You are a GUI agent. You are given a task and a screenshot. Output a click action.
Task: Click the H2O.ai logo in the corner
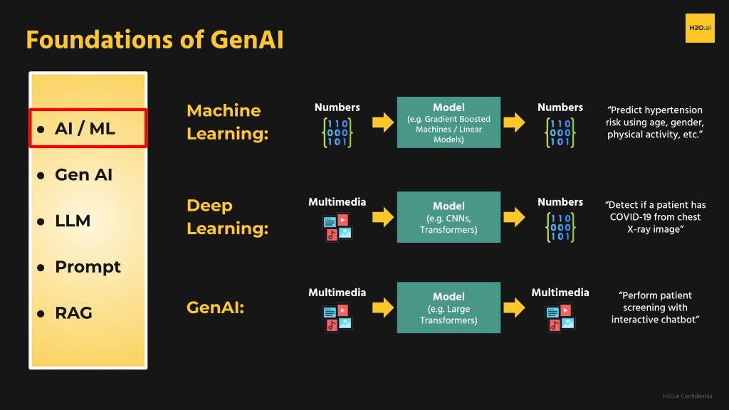click(700, 28)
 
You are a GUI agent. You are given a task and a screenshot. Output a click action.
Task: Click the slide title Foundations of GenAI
click(154, 40)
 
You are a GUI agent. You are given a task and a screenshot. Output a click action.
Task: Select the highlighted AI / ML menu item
click(88, 128)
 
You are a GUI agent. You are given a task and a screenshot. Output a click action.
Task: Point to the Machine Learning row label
click(228, 122)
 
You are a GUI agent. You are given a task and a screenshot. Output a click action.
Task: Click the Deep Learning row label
click(228, 216)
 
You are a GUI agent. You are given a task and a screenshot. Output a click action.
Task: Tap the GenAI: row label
click(215, 307)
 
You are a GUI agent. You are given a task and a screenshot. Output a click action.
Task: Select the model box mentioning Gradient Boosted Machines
click(449, 122)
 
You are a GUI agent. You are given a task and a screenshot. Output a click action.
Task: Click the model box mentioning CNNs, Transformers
click(449, 217)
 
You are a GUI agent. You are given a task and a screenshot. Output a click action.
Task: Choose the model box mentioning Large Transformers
click(449, 307)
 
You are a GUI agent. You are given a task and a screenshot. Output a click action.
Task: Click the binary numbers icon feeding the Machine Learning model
click(337, 133)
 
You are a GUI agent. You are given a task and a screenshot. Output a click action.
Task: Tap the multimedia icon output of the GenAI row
click(560, 317)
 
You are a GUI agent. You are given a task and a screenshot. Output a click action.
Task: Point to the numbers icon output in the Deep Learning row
click(560, 227)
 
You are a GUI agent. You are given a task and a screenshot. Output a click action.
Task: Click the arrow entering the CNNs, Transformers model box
click(383, 217)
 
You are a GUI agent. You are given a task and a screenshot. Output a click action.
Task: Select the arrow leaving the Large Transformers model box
click(514, 307)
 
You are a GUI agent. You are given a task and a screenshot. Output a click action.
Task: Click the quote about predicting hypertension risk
click(655, 122)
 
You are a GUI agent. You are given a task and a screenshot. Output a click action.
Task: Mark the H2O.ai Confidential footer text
click(687, 396)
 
